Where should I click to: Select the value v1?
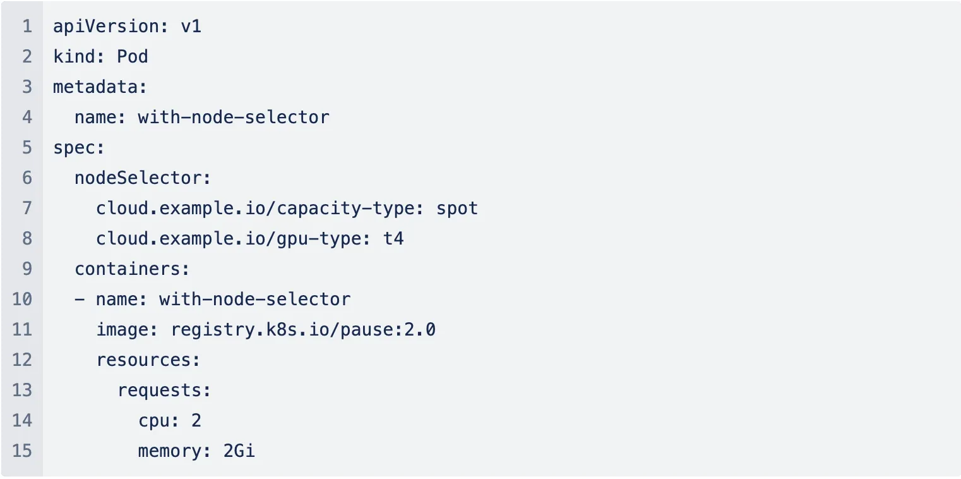pos(191,27)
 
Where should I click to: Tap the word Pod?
pos(133,57)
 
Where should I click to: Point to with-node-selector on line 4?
pos(234,117)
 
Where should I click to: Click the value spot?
pos(457,208)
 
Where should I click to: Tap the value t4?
pos(393,238)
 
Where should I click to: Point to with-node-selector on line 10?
pos(254,299)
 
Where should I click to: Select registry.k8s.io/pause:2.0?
pos(303,329)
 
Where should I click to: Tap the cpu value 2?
pos(196,420)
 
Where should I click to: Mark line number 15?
pos(21,451)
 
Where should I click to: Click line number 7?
pos(27,208)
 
